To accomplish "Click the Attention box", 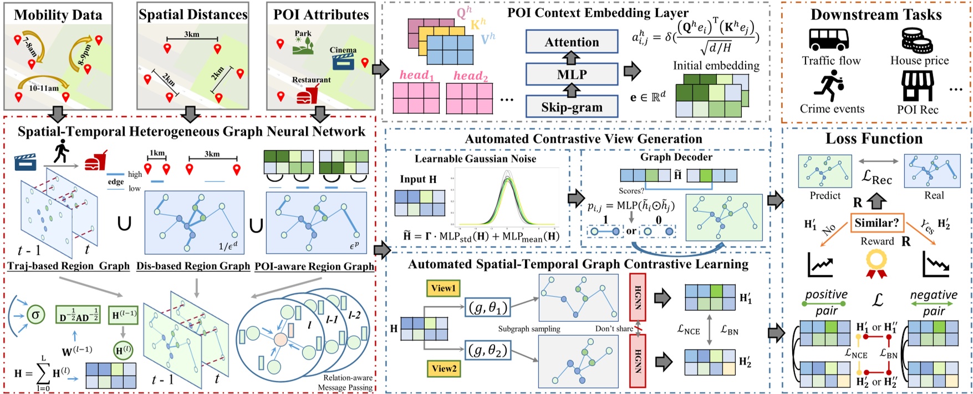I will coord(572,42).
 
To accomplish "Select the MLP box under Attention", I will coord(572,74).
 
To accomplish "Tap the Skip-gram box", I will coord(572,107).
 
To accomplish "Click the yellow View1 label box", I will coord(443,288).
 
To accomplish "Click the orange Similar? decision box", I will coord(876,224).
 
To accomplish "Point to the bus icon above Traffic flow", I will coord(828,39).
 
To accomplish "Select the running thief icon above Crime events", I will coord(828,87).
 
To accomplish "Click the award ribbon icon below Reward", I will coord(877,263).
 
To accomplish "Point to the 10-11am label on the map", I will coord(44,88).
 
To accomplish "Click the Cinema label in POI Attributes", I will coord(343,50).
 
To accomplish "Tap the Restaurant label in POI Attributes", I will coord(311,80).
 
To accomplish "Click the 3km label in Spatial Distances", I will coord(192,34).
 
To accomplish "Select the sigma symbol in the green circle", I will coord(36,315).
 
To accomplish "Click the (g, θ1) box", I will coord(487,306).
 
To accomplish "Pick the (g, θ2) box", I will coord(487,350).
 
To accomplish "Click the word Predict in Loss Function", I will coord(825,195).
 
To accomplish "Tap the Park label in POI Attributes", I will coord(303,34).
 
